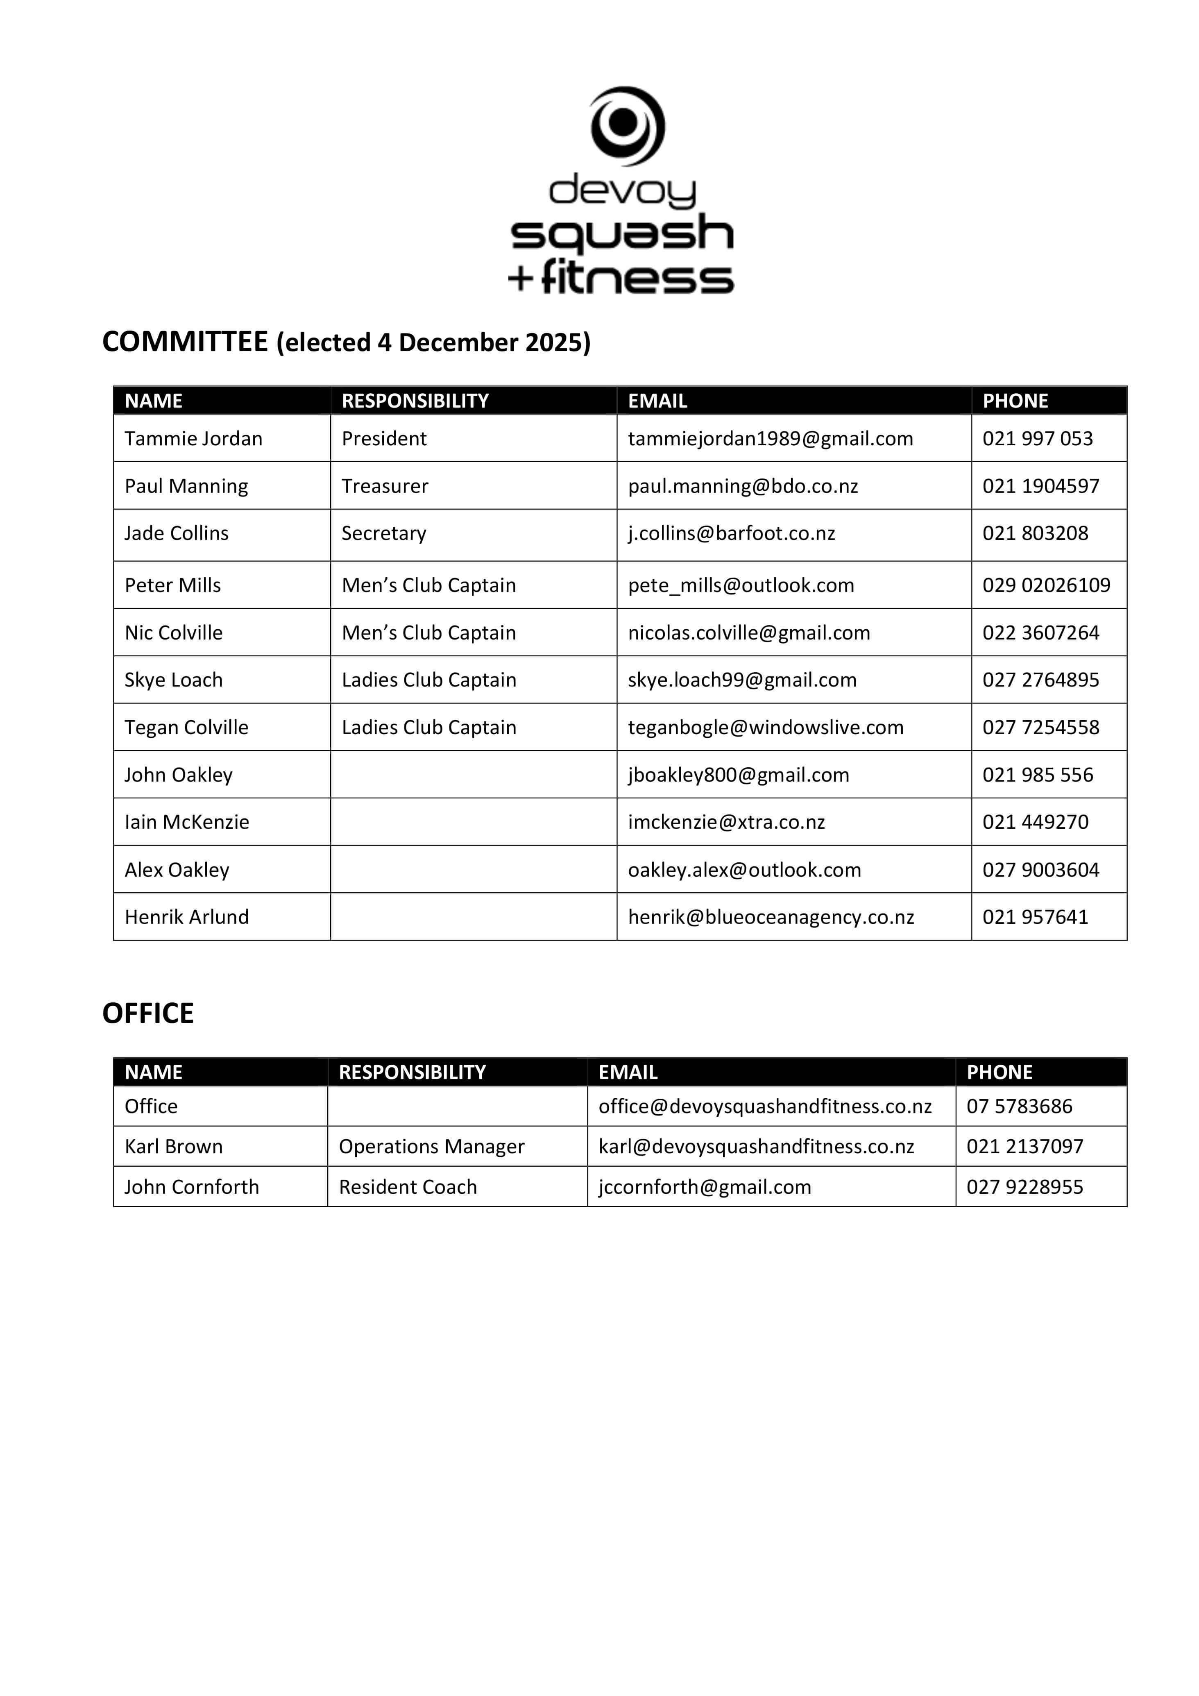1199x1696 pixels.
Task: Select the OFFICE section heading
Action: tap(148, 1014)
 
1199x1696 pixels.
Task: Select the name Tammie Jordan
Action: tap(194, 439)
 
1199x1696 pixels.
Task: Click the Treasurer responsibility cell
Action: tap(385, 486)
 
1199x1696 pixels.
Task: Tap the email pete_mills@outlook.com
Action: tap(741, 585)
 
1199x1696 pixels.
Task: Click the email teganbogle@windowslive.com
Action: tap(765, 728)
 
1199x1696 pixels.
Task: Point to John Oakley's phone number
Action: tap(1037, 775)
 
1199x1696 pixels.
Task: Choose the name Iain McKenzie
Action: tap(187, 822)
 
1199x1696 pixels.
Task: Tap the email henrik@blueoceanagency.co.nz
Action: tap(771, 917)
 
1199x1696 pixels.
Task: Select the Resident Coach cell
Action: tap(408, 1187)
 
